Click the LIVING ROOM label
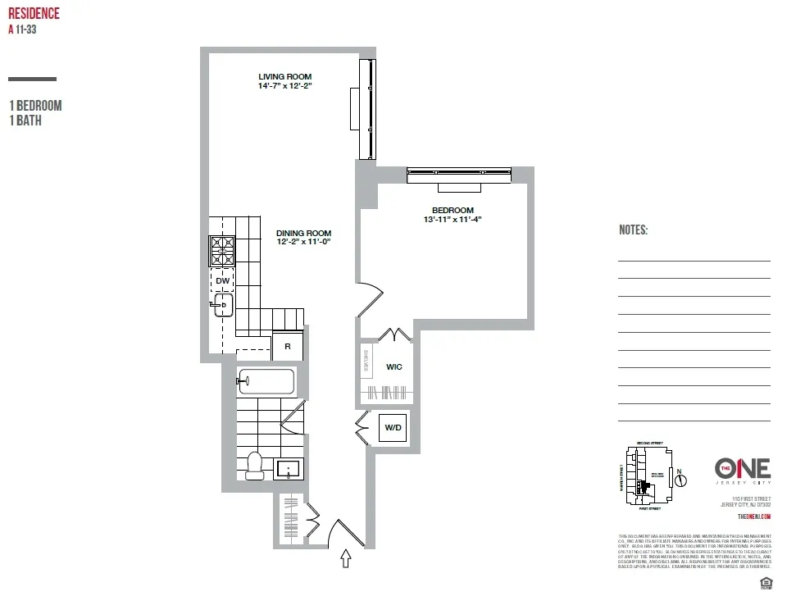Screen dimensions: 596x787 coord(285,76)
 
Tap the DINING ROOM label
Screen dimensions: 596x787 coord(303,233)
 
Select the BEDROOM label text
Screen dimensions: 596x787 coord(453,210)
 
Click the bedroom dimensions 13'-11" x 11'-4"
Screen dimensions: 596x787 coord(453,219)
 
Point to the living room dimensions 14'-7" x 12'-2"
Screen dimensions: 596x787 coord(285,85)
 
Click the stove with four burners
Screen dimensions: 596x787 coord(222,251)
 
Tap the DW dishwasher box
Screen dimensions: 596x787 coord(222,280)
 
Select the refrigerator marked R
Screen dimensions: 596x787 coord(288,346)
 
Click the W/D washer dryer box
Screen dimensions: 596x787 coord(393,427)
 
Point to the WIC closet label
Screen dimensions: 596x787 coord(393,366)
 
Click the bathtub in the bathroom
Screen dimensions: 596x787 coord(266,381)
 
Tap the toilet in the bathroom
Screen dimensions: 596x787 coord(254,465)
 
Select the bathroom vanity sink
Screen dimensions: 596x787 coord(289,469)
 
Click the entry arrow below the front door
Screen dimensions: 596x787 coord(346,559)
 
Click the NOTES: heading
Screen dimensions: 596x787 coord(633,230)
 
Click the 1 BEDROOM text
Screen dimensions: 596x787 coord(35,106)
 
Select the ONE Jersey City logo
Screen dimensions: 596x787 coord(742,471)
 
